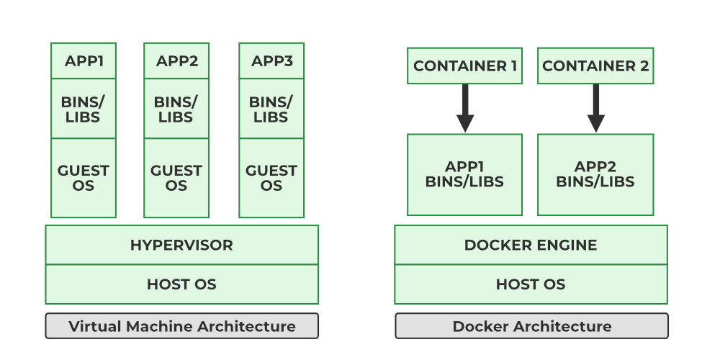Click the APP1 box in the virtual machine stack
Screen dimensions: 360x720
click(84, 61)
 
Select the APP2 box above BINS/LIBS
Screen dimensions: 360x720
click(176, 61)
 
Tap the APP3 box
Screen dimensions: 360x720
click(271, 61)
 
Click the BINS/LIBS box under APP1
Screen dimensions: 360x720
click(84, 109)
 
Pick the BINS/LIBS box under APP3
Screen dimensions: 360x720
click(271, 109)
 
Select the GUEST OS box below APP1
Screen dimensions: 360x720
click(84, 178)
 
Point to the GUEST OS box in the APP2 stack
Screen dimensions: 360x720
click(176, 178)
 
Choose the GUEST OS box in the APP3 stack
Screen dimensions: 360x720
click(271, 178)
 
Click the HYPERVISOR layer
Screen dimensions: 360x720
click(181, 245)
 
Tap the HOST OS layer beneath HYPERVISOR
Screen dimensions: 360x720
click(181, 284)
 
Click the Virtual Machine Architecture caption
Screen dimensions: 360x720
click(181, 326)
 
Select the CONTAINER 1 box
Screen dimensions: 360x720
click(465, 66)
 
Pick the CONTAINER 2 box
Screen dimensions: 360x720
click(595, 66)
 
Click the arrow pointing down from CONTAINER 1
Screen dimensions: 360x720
click(465, 108)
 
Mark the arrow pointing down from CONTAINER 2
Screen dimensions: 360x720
click(595, 108)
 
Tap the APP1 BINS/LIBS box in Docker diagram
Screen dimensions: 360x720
click(465, 174)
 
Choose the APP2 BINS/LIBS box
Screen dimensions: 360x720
click(595, 174)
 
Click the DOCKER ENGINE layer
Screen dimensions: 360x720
click(531, 245)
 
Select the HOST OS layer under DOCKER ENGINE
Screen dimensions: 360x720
click(531, 284)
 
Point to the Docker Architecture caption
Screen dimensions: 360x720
click(531, 326)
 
